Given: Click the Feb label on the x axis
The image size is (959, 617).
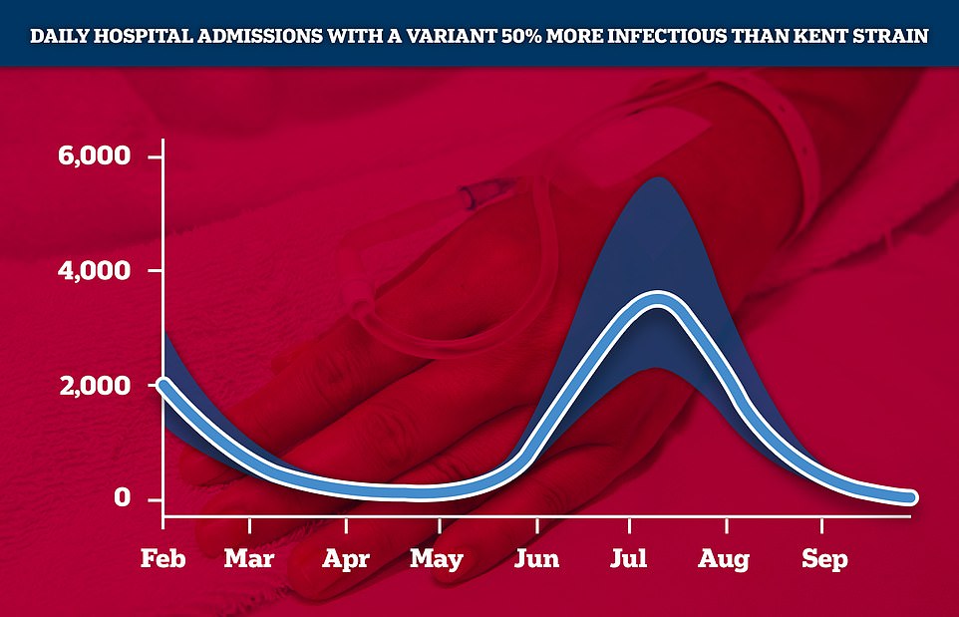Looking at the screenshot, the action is [x=162, y=558].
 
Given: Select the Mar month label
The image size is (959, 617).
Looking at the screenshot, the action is [x=249, y=558].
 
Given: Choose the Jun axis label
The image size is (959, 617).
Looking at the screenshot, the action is [x=536, y=558].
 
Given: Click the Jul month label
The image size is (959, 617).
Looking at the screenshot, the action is [x=629, y=558].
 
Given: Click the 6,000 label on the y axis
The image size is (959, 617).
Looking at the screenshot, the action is [x=94, y=155].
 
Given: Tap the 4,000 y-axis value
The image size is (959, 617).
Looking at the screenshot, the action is [x=94, y=270].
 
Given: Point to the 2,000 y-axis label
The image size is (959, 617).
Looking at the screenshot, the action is [x=95, y=386].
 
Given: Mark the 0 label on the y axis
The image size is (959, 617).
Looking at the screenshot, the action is [x=123, y=497].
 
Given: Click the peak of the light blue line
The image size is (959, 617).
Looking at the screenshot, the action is [x=658, y=300].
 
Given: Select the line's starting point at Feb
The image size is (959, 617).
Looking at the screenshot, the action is [x=163, y=384].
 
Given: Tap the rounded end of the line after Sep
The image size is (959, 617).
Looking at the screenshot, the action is [x=910, y=497].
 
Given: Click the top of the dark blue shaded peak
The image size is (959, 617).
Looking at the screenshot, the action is [x=659, y=178].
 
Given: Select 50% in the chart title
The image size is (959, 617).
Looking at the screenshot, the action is [x=521, y=36].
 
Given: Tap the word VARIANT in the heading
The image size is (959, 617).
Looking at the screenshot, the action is [x=452, y=36].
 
